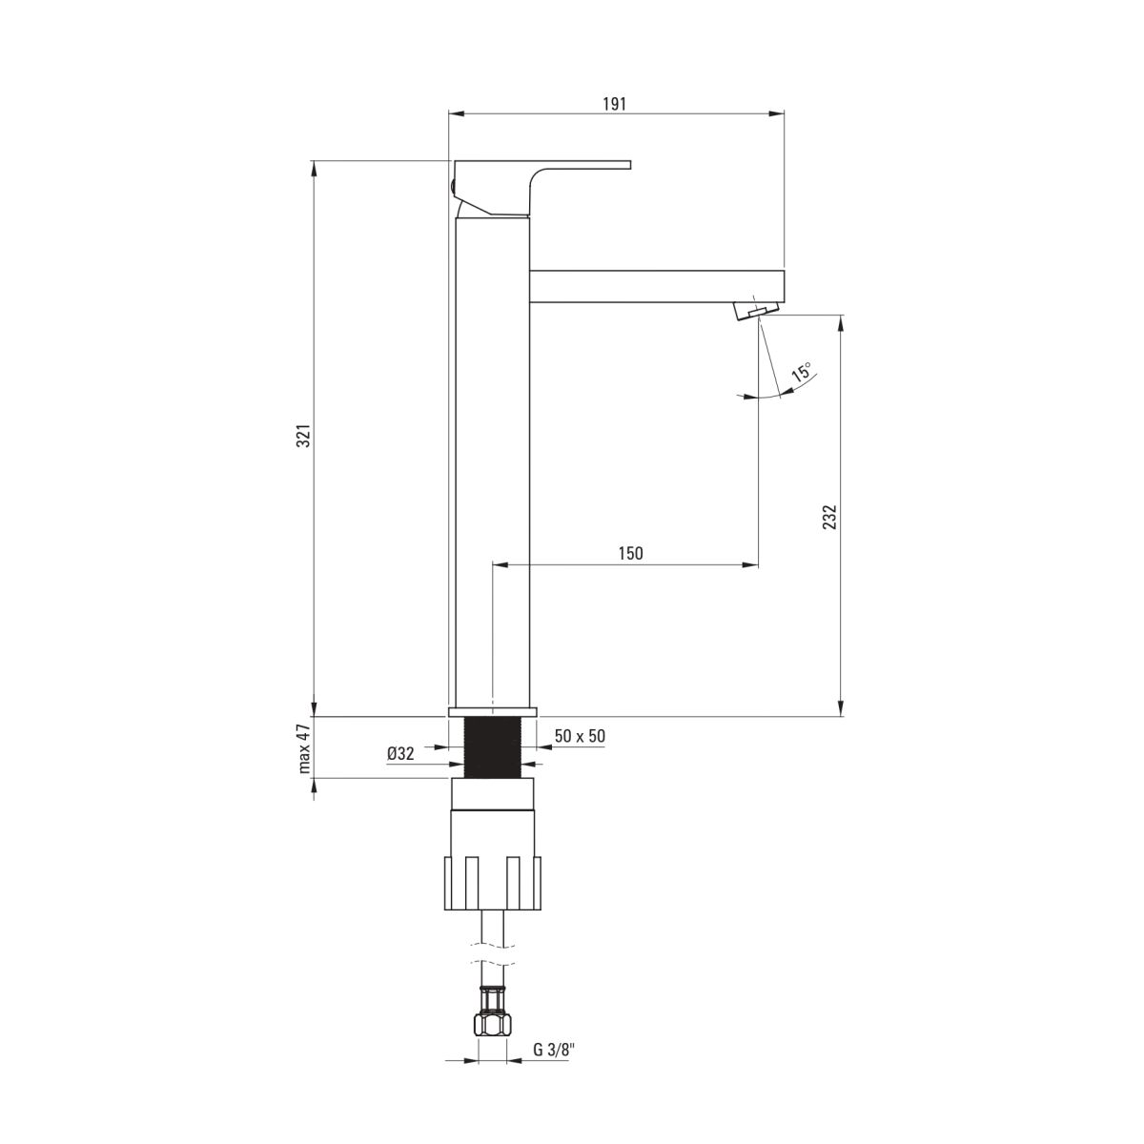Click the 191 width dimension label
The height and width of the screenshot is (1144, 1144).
tap(614, 104)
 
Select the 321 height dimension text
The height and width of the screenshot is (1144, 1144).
tap(304, 438)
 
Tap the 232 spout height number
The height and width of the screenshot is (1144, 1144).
tap(829, 516)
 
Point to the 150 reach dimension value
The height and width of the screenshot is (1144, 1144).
tap(630, 554)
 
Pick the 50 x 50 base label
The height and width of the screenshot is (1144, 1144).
tap(580, 735)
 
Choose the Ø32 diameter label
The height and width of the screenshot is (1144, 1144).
tap(400, 753)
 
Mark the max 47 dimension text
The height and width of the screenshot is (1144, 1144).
tap(304, 747)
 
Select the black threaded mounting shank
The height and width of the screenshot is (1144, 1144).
tap(492, 748)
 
